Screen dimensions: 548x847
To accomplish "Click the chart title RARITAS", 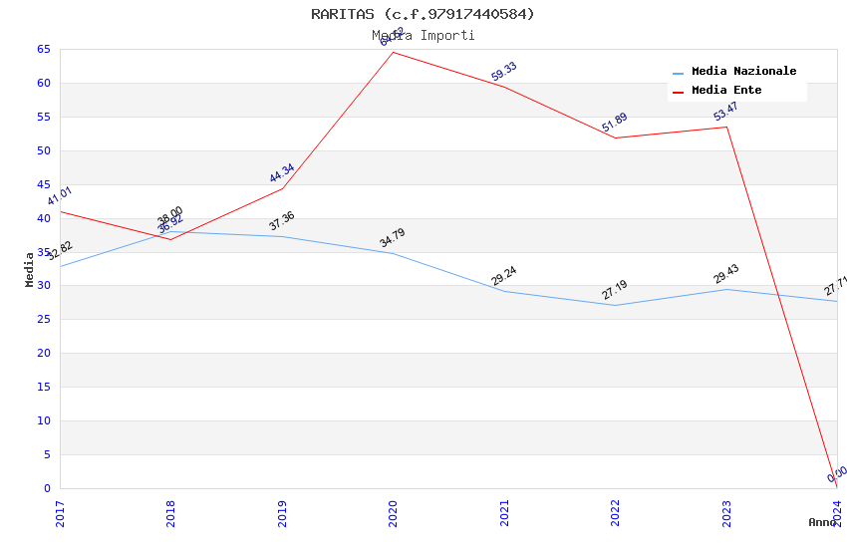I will point(423,14).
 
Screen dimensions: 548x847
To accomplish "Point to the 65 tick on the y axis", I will point(44,49).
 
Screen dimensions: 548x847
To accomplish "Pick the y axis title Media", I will point(30,269).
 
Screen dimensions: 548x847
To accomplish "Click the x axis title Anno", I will point(822,522).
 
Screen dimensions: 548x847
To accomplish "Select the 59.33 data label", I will point(504,72).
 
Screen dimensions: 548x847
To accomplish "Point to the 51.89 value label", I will point(615,123).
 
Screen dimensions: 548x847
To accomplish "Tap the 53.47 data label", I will point(726,112).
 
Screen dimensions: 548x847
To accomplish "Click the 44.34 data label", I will point(282,173).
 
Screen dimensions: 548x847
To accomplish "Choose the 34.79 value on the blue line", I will point(393,238).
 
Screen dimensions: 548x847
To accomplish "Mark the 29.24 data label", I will point(504,276).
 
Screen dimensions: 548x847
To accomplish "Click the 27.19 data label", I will point(615,290).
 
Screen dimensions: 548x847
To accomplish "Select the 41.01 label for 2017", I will point(60,195).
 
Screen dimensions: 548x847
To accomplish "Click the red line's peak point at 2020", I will point(394,52).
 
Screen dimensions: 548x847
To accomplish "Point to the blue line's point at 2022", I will point(616,305).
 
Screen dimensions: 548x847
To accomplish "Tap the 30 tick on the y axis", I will point(44,286).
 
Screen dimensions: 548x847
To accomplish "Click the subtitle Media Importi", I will point(423,36).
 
